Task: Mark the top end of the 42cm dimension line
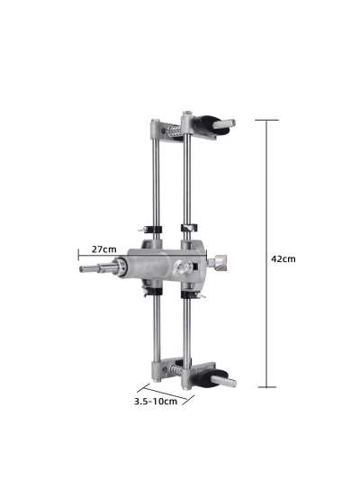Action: click(x=267, y=121)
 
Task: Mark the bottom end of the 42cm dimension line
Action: click(x=267, y=386)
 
